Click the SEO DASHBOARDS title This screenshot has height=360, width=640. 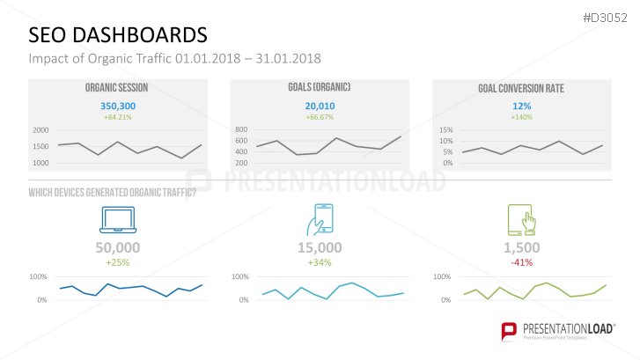(118, 34)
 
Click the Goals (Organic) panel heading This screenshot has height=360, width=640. (319, 87)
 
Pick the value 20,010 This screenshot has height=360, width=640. (319, 105)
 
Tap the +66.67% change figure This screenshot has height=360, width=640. (319, 117)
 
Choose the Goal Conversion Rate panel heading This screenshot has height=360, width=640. (520, 88)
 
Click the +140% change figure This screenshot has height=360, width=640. (520, 117)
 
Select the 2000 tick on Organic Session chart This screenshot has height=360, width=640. (40, 130)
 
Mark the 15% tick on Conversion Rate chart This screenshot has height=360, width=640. (445, 130)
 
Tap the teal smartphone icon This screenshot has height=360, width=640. (323, 219)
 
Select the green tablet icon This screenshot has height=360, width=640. (520, 219)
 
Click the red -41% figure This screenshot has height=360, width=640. (521, 262)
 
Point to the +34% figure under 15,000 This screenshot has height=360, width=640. (319, 262)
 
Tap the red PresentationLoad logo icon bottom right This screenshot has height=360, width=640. (508, 330)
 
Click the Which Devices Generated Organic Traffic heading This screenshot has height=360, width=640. (113, 193)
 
